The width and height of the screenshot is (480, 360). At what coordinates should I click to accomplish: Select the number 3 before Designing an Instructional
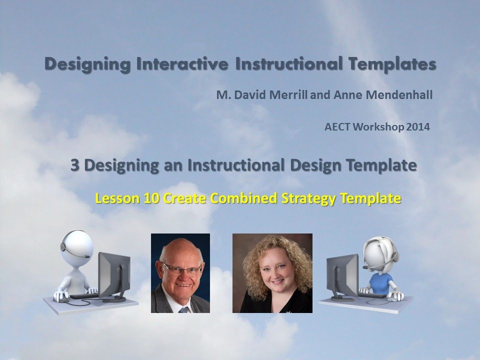coord(75,166)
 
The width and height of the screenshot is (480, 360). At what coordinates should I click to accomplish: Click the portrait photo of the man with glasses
coord(180,273)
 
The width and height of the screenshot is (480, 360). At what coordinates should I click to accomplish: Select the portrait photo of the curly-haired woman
coord(272,273)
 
